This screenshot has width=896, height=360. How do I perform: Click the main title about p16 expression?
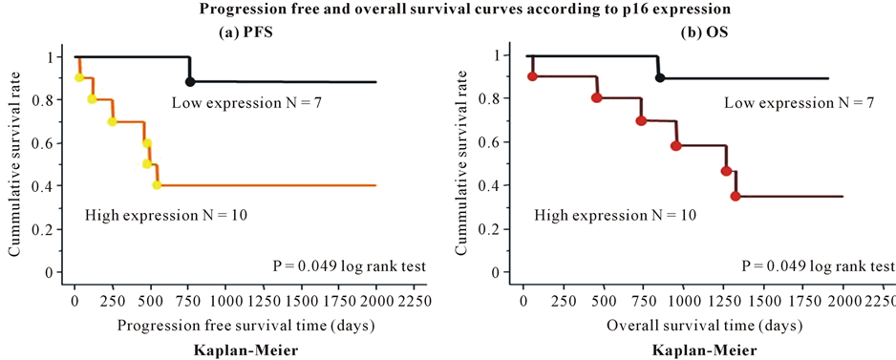(447, 10)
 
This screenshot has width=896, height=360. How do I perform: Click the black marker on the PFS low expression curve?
(190, 82)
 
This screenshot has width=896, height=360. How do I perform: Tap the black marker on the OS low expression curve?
(659, 77)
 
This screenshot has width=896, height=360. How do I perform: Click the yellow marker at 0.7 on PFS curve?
(112, 121)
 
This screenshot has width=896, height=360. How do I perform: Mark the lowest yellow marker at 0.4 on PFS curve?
(157, 184)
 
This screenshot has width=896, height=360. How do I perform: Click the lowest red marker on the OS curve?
(735, 196)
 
